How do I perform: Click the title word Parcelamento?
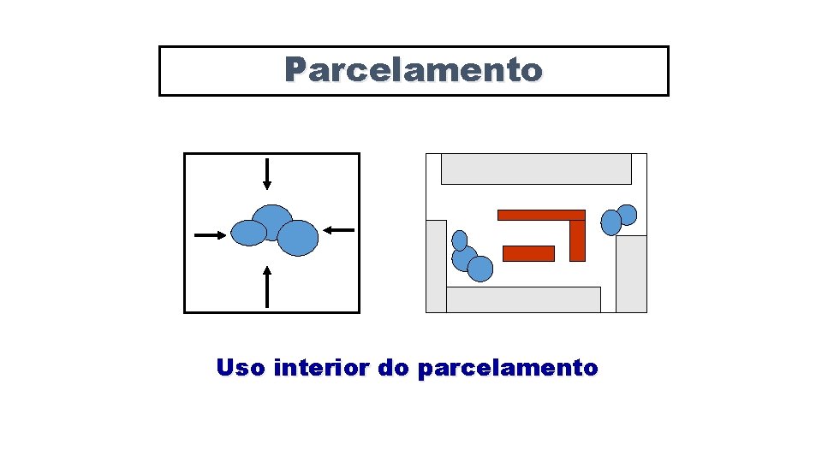414,70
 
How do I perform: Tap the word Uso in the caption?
241,368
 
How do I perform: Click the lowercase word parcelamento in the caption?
508,368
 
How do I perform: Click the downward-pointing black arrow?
267,174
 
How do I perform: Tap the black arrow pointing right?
211,234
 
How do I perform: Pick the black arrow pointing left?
339,229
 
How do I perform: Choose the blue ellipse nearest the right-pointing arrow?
249,233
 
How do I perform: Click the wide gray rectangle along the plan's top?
536,169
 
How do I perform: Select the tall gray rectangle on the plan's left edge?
437,266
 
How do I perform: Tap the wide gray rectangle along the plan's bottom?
523,299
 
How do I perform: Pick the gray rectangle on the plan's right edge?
631,274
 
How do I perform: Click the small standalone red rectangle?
528,253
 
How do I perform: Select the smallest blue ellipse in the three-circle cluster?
460,240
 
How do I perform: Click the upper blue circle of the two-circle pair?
627,215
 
